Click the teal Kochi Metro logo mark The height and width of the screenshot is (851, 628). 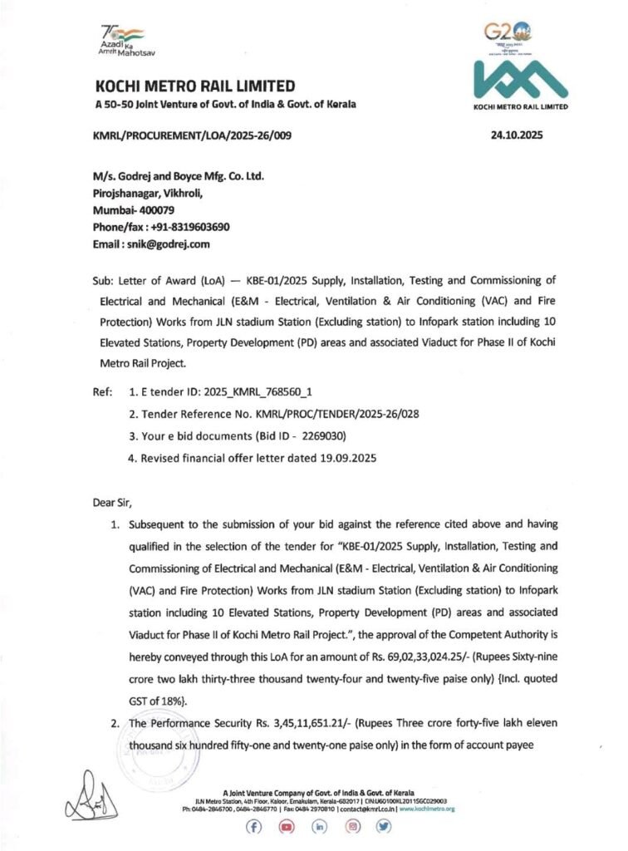[520, 81]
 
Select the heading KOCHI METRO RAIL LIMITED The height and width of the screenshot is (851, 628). [195, 86]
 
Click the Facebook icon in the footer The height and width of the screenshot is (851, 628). [253, 827]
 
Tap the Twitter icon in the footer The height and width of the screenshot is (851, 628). [384, 827]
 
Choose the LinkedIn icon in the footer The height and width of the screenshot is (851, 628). [319, 827]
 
